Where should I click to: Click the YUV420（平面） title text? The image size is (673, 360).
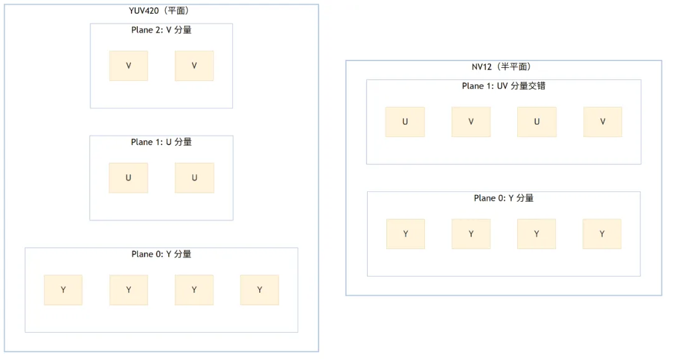tap(159, 11)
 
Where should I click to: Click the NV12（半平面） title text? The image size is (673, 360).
tap(502, 67)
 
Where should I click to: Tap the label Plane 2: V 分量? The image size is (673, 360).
tap(161, 30)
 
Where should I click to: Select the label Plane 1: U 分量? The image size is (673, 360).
tap(161, 142)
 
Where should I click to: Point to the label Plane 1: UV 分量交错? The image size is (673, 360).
tap(504, 86)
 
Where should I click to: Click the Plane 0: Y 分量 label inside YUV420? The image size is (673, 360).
tap(161, 254)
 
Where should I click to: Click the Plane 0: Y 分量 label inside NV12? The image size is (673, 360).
tap(504, 198)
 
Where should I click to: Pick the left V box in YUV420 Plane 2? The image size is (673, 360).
tap(128, 66)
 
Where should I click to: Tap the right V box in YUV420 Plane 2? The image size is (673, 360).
tap(194, 66)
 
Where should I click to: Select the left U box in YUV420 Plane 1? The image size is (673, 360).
tap(128, 178)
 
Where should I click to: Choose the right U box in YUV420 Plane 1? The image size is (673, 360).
tap(194, 178)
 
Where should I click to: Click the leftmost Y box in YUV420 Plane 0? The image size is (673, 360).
tap(63, 290)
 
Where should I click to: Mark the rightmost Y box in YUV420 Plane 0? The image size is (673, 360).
tap(260, 290)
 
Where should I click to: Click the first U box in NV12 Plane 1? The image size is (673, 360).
tap(405, 122)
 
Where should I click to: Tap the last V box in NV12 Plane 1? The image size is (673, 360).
tap(603, 122)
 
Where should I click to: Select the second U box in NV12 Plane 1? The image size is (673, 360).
tap(537, 122)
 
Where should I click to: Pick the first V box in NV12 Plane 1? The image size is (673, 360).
tap(471, 122)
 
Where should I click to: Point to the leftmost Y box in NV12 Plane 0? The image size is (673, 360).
tap(406, 234)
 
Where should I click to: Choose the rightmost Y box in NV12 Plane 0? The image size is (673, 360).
tap(602, 234)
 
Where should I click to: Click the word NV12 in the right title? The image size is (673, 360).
tap(482, 67)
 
